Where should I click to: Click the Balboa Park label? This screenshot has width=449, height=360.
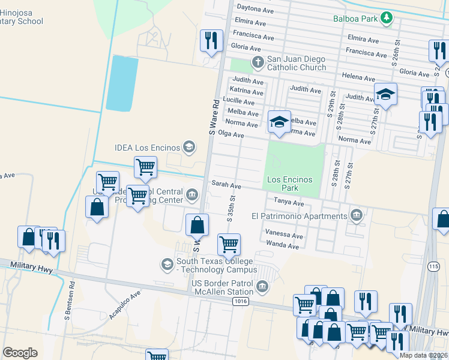pyautogui.click(x=356, y=19)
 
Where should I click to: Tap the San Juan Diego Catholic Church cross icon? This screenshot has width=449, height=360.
pyautogui.click(x=258, y=62)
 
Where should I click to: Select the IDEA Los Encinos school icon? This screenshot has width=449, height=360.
pyautogui.click(x=189, y=147)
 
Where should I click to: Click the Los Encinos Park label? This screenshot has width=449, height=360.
pyautogui.click(x=290, y=184)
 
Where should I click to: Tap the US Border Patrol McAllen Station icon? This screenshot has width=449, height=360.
pyautogui.click(x=262, y=287)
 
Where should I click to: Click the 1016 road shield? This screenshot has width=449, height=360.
pyautogui.click(x=241, y=302)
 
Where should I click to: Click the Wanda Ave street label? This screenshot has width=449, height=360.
pyautogui.click(x=283, y=246)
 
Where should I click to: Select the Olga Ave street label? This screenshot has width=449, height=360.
pyautogui.click(x=231, y=134)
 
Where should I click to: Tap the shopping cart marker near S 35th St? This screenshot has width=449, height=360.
pyautogui.click(x=229, y=244)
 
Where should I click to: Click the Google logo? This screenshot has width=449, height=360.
pyautogui.click(x=20, y=353)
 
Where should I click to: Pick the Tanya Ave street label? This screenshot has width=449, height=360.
pyautogui.click(x=289, y=203)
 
